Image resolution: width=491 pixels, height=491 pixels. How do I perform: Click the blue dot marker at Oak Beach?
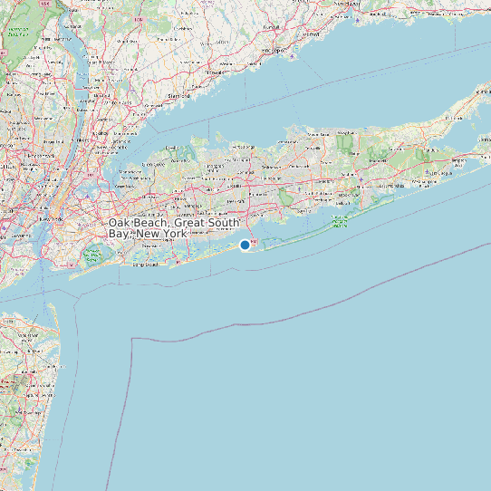click(245, 245)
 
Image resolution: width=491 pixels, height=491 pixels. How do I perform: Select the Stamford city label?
click(178, 94)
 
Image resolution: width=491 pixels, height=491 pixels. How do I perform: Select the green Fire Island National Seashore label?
click(342, 218)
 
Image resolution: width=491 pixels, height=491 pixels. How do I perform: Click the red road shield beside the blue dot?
click(254, 242)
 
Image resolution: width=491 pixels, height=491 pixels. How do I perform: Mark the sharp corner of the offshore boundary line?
click(133, 339)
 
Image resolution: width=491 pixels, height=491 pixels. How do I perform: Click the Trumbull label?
click(268, 26)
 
